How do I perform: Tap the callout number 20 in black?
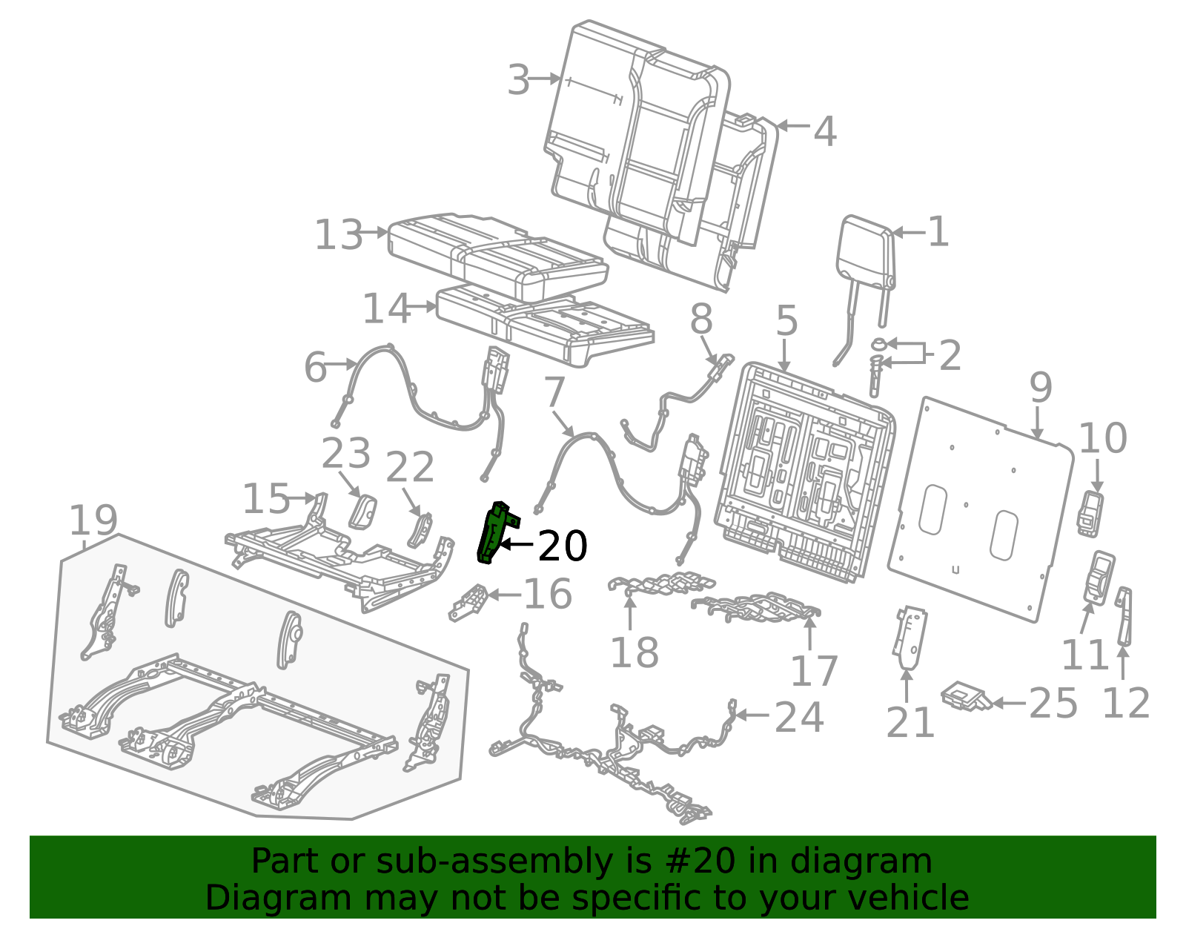(x=562, y=546)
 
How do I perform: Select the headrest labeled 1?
(x=865, y=289)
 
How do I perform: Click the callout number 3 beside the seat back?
(x=518, y=79)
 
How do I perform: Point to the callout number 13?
(x=339, y=234)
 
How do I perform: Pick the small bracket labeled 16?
(x=468, y=603)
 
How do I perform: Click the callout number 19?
(x=93, y=520)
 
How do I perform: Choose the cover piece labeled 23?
(x=362, y=512)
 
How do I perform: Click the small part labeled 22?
(x=420, y=530)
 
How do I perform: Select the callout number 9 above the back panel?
(x=1040, y=388)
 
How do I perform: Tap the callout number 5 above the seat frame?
(x=786, y=320)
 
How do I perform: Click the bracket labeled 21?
(x=910, y=637)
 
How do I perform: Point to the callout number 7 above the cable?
(x=554, y=392)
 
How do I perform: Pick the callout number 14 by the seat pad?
(x=386, y=309)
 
